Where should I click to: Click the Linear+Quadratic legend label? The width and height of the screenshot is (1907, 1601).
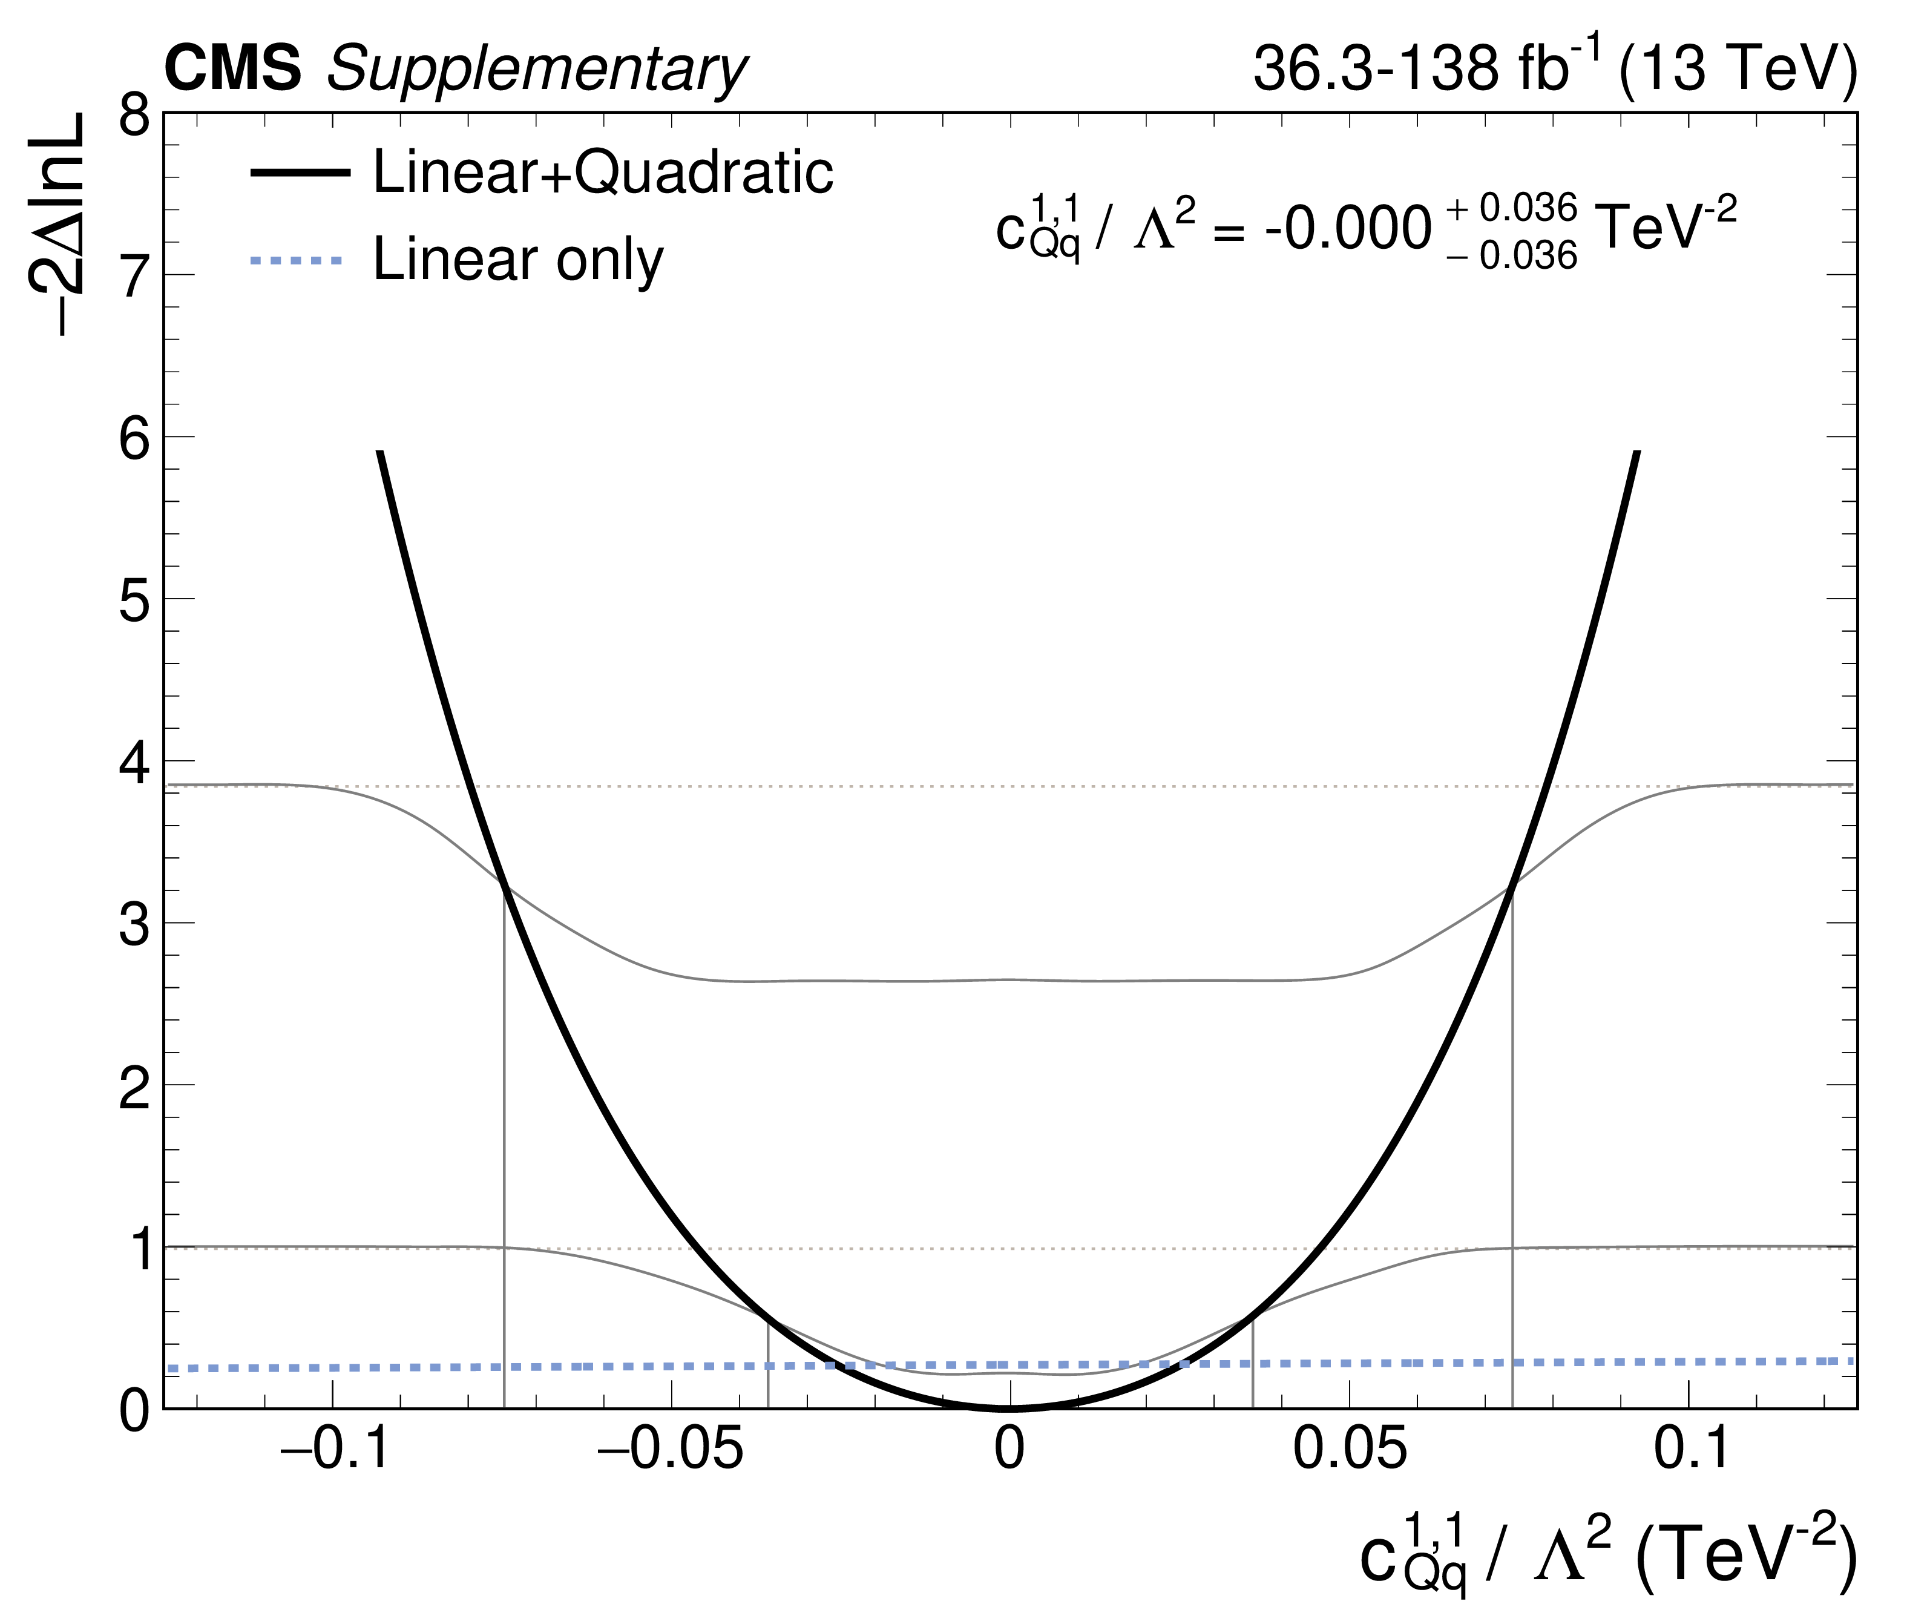point(603,172)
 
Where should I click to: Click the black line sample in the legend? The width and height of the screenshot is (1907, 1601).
point(300,173)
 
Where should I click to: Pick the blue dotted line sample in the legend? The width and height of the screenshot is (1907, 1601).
point(297,261)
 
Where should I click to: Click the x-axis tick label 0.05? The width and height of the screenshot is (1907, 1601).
point(1350,1450)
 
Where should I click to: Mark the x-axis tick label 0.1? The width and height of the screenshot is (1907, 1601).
point(1692,1450)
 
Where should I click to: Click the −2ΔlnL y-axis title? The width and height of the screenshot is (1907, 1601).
point(56,225)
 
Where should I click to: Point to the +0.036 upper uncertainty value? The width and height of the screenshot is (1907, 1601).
point(1512,209)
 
